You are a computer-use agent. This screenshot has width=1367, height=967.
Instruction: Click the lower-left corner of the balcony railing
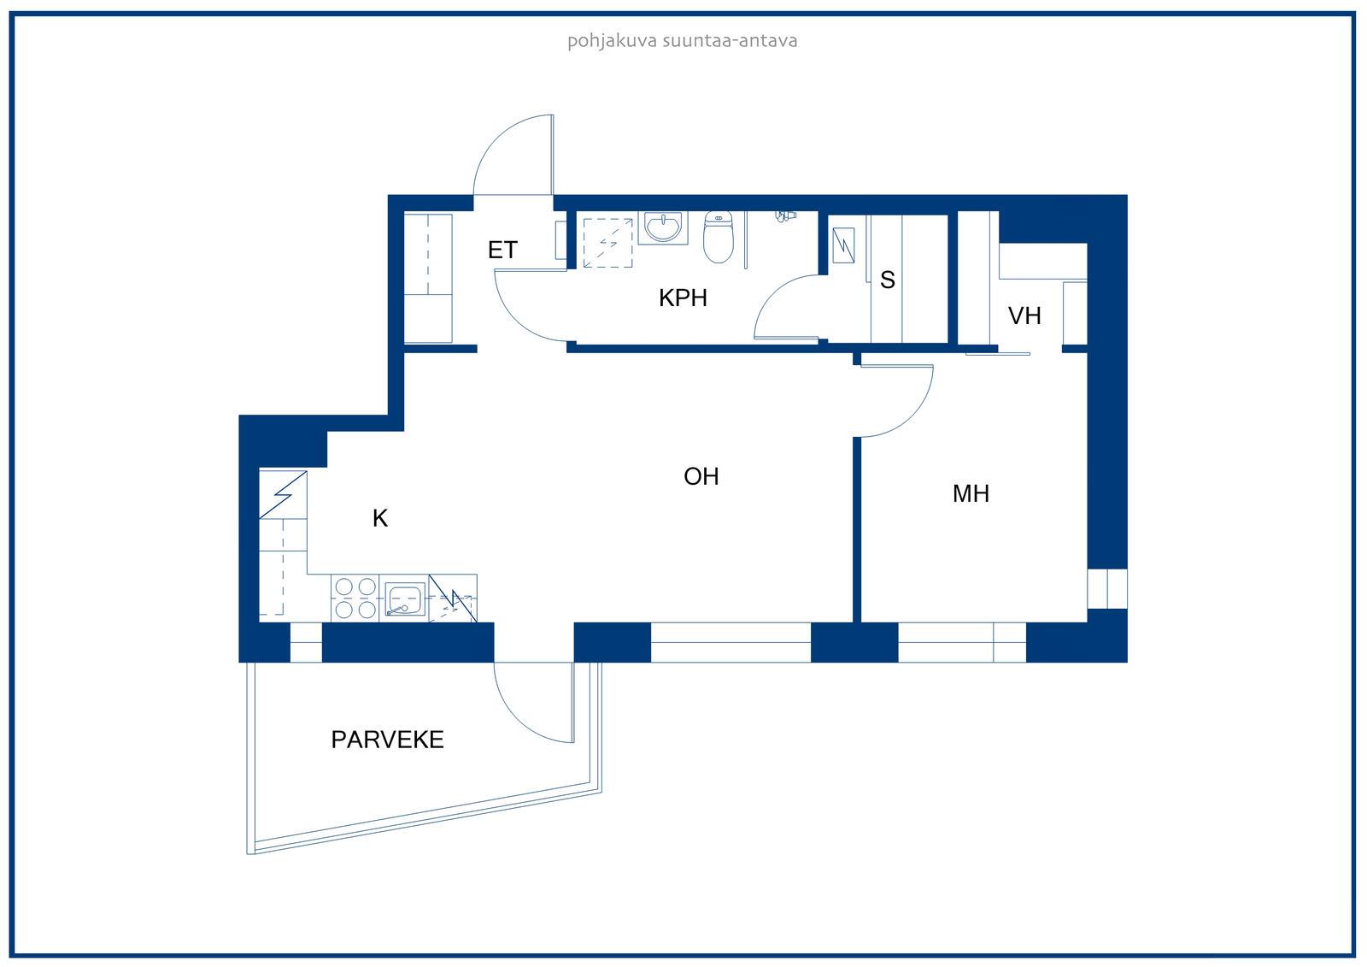click(247, 854)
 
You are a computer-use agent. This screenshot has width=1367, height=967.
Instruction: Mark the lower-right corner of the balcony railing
click(601, 793)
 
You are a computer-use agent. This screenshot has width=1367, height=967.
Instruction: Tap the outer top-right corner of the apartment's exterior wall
click(1127, 195)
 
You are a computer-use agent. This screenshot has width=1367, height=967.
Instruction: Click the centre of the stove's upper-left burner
click(344, 587)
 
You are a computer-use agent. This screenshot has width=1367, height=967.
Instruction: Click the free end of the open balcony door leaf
click(572, 742)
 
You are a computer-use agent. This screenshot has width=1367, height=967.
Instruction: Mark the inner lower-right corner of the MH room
click(1087, 622)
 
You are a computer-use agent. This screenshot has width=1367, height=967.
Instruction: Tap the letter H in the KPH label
click(700, 298)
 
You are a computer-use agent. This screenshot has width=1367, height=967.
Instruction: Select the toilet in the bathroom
click(719, 236)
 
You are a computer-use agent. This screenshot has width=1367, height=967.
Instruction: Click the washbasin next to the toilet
click(663, 227)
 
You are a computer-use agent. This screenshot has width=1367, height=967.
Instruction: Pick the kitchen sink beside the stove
click(405, 599)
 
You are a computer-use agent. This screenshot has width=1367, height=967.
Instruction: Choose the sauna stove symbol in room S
click(843, 245)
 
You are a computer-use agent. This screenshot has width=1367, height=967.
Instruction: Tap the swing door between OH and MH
click(896, 400)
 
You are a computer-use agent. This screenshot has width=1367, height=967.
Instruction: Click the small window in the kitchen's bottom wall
click(306, 642)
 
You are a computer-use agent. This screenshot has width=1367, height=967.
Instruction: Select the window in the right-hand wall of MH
click(1107, 589)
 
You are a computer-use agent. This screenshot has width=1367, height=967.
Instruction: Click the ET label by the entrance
click(503, 250)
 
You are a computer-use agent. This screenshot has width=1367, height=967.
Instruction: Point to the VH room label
click(1024, 315)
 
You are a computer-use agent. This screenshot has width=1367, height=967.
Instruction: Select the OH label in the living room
click(701, 476)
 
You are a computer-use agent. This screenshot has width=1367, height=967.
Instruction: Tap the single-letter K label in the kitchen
click(379, 518)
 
